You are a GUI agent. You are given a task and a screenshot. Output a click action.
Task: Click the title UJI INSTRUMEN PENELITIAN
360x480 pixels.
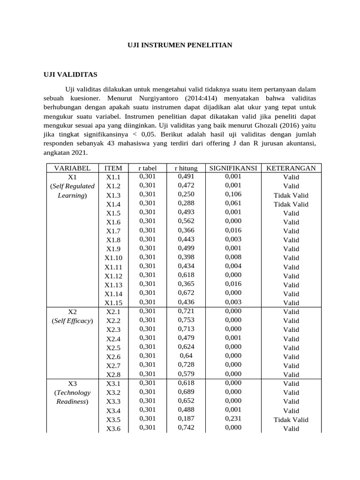[180, 45]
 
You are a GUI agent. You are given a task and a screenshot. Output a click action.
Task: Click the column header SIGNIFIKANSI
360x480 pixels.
[233, 168]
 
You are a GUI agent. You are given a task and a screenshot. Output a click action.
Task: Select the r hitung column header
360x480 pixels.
[186, 168]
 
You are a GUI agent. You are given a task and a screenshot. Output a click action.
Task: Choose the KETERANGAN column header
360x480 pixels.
[291, 168]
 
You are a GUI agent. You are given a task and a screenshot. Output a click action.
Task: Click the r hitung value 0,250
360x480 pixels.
[186, 195]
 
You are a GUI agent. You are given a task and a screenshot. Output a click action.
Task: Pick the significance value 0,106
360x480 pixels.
[233, 195]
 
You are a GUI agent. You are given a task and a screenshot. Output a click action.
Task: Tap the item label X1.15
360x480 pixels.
[113, 303]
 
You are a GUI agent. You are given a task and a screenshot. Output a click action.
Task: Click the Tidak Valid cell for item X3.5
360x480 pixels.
[291, 420]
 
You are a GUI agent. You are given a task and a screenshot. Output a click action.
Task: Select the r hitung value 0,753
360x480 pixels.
[186, 320]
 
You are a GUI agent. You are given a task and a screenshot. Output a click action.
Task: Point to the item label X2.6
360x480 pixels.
[113, 357]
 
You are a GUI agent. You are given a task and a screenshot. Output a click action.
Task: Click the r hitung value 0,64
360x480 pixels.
[186, 356]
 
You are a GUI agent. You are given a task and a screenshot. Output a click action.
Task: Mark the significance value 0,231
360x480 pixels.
[233, 419]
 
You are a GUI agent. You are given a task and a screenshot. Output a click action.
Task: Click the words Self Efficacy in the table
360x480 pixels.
[72, 321]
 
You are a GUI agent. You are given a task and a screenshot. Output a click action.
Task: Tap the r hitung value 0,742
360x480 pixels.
[186, 427]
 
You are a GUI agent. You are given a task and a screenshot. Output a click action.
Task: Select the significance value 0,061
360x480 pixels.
[233, 203]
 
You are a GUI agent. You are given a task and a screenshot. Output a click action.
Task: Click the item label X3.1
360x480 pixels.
[113, 383]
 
